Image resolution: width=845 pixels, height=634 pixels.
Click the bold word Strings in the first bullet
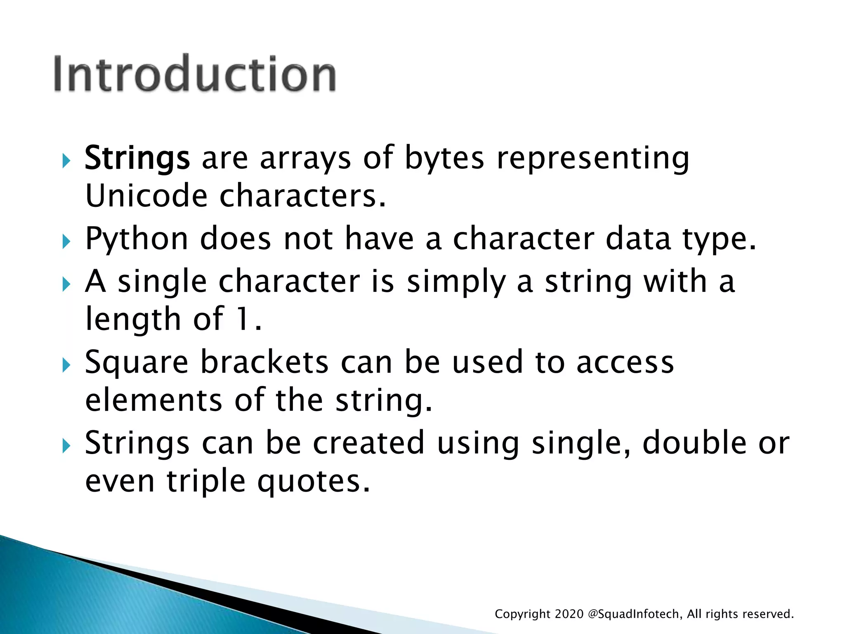pos(137,158)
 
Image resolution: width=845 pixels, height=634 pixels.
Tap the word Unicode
pos(146,196)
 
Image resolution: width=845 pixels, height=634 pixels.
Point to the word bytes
pos(444,158)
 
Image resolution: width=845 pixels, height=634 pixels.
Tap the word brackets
pos(264,362)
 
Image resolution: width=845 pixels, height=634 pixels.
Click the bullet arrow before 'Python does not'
pos(66,241)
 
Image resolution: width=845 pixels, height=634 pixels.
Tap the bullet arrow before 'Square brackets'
pos(66,365)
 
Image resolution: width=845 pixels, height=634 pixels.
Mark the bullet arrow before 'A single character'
pos(66,284)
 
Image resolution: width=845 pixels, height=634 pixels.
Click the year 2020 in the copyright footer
pos(569,614)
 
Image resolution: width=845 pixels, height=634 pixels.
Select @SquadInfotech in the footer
pos(635,614)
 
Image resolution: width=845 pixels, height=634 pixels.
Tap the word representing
pos(593,158)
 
